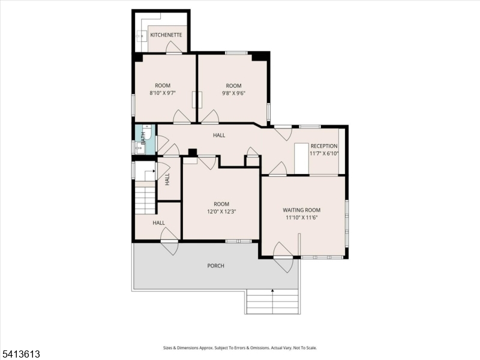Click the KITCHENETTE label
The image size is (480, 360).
tap(166, 35)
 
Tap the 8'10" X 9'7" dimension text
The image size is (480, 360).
tap(162, 93)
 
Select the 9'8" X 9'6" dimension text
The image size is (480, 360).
tap(233, 93)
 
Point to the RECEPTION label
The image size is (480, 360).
tap(324, 146)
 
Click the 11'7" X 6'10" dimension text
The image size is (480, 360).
tap(324, 154)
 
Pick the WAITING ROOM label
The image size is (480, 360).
tap(302, 210)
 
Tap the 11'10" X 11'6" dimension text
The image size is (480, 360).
tap(302, 218)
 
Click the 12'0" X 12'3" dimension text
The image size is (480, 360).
tap(221, 212)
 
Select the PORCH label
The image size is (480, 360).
tap(215, 266)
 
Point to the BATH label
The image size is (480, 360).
tap(143, 138)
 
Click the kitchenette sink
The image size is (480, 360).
tap(142, 36)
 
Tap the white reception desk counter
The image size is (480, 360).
tap(301, 158)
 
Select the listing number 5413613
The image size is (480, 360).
tap(20, 354)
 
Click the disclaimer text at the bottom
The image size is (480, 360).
tap(239, 348)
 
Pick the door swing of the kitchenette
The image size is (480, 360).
tap(173, 46)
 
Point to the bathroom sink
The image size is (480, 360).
tap(140, 149)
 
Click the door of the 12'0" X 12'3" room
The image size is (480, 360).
tap(207, 162)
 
